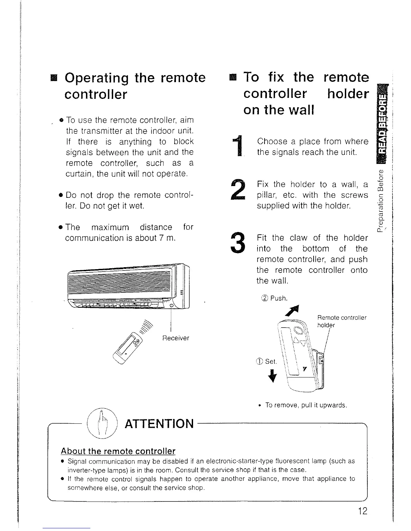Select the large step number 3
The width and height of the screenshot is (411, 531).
tap(238, 243)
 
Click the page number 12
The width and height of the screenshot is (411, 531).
tap(363, 511)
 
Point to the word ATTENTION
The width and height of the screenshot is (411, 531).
tap(159, 424)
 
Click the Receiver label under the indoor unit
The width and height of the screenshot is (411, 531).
tap(176, 338)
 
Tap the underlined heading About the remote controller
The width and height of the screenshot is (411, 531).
tap(118, 451)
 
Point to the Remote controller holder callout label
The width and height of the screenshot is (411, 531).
tap(342, 321)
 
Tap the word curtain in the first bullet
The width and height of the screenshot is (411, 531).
tap(76, 174)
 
